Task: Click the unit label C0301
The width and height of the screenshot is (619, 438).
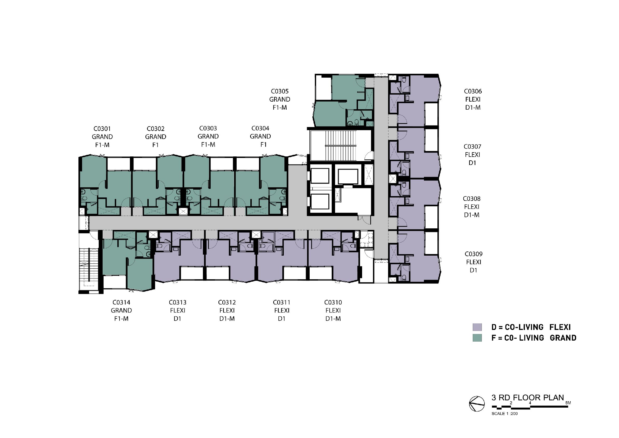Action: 102,129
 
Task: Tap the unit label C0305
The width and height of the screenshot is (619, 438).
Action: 280,91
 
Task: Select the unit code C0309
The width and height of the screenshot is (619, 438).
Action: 474,254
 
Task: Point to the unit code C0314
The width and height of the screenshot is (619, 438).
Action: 121,302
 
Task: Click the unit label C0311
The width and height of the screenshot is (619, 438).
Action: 282,302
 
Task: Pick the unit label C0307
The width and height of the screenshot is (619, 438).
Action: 472,147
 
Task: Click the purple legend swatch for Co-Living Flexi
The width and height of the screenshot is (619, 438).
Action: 477,327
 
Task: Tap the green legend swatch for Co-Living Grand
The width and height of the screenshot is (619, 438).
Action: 477,338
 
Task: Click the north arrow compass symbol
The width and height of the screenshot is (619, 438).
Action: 477,404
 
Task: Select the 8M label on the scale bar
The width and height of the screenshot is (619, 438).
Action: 568,403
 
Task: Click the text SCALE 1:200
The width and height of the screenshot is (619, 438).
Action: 504,414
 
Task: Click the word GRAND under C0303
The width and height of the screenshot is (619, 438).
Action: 208,136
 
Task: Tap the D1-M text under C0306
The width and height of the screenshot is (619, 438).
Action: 473,107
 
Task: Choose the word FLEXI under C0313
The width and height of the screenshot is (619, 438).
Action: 178,310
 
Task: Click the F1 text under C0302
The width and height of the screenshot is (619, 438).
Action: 156,145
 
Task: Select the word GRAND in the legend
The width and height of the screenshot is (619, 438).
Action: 563,338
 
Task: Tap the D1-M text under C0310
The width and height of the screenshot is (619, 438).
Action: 333,318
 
